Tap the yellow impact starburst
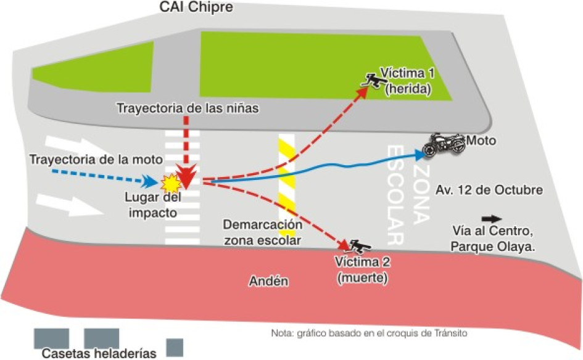170,182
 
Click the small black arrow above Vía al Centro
491,219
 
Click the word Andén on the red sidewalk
269,281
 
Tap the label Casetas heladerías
99,353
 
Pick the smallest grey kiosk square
175,347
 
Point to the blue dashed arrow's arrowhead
149,181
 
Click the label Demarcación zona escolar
263,232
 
